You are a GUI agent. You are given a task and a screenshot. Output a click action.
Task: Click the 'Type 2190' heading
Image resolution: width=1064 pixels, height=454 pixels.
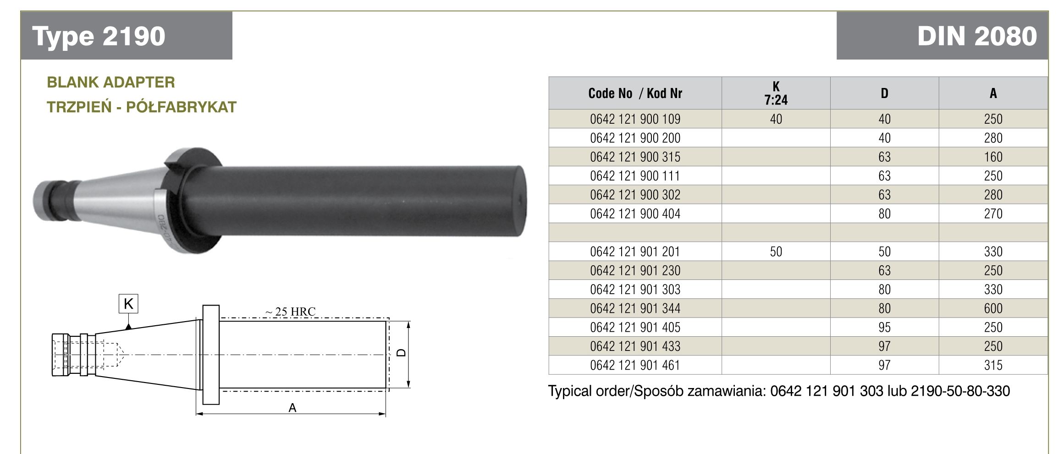tap(99, 36)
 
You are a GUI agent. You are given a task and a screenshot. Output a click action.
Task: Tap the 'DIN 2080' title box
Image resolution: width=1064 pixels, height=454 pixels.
tap(942, 36)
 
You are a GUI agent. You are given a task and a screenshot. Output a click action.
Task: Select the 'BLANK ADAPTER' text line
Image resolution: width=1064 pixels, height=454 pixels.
tap(111, 82)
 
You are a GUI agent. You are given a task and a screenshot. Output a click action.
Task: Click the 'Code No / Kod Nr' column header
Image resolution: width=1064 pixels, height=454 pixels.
tap(635, 93)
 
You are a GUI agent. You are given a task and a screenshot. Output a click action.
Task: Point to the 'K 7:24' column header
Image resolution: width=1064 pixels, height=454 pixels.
tap(776, 93)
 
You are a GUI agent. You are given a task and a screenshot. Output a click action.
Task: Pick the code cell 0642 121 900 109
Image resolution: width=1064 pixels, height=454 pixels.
tap(635, 119)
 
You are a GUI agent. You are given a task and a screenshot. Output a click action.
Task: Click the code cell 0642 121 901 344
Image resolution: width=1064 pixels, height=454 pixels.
tap(635, 308)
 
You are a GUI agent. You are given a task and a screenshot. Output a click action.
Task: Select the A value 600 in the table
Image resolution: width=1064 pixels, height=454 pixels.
tap(993, 308)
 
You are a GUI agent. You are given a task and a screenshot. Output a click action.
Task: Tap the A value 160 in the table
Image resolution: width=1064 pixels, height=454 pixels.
tap(993, 157)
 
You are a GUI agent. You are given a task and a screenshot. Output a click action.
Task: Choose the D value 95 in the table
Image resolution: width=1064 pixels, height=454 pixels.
tap(884, 328)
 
